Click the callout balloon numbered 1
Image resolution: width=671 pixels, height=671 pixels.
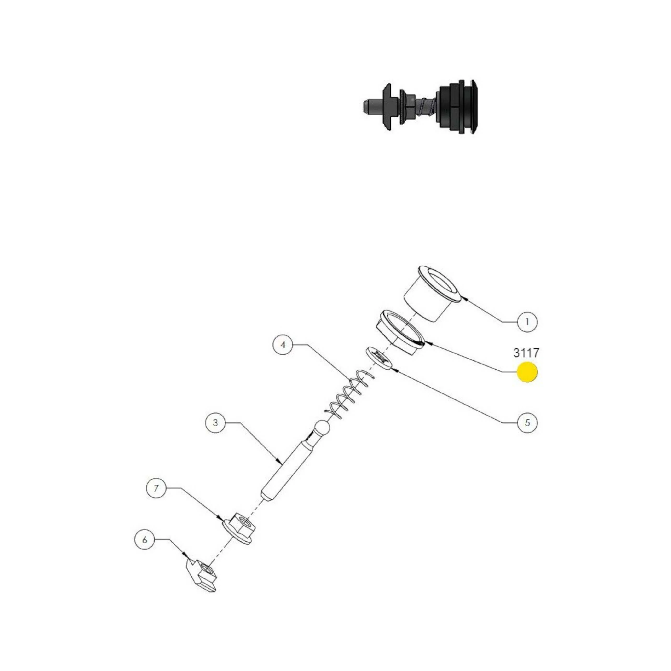pos(527,322)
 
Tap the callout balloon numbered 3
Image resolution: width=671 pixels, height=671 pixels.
pos(215,423)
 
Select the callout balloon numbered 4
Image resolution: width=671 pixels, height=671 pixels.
pos(283,345)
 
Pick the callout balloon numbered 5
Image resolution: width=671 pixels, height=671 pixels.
pos(527,423)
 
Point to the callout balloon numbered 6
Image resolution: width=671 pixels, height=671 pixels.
pos(145,540)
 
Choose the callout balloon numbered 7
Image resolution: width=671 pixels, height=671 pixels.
pos(156,488)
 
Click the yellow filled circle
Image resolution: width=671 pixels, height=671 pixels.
pos(527,372)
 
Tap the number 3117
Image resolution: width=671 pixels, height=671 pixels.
pos(526,353)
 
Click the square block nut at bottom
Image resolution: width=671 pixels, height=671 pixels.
pos(202,576)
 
